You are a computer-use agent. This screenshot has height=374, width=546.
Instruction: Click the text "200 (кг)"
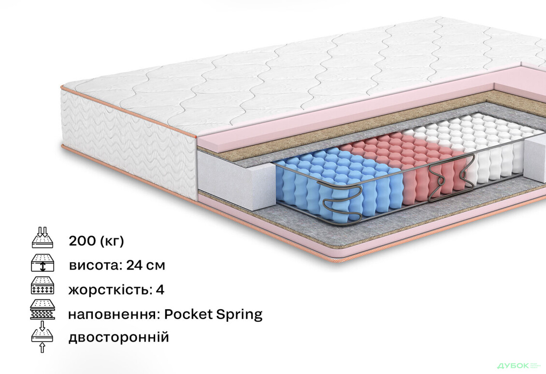tap(96, 240)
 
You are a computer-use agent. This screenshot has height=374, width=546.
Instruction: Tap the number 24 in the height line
tap(134, 265)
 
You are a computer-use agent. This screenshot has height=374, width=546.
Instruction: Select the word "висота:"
tap(95, 266)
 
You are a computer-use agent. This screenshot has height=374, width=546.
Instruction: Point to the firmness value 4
tap(160, 290)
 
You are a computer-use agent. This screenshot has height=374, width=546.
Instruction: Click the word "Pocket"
tap(188, 314)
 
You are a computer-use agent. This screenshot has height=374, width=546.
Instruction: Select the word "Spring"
tap(239, 315)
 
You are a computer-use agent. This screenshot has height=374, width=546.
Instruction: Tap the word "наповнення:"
tap(114, 315)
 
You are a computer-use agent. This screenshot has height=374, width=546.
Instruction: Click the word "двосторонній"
tap(119, 337)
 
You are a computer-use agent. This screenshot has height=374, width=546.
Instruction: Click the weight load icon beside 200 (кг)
tap(43, 238)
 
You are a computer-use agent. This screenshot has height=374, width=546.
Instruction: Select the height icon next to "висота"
tap(43, 263)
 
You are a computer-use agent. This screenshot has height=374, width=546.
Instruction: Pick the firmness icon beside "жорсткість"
tap(43, 286)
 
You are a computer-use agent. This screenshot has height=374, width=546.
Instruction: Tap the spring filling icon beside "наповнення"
tap(43, 309)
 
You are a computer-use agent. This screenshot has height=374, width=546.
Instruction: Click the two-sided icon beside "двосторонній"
tap(43, 337)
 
